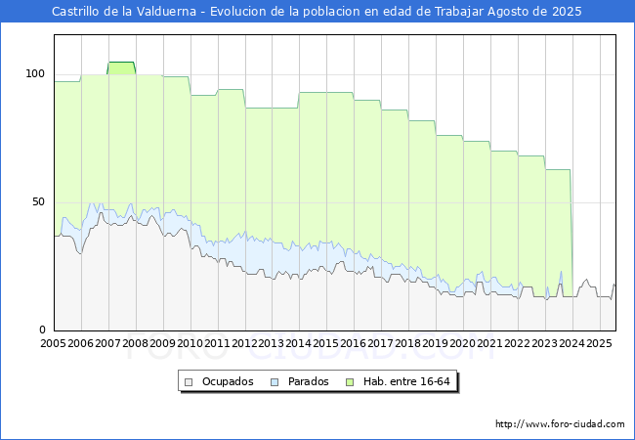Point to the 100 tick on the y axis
tap(36, 73)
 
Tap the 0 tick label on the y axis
tap(42, 330)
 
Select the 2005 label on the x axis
tap(54, 343)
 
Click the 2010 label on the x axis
tap(190, 343)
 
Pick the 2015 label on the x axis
tap(326, 343)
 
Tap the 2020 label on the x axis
tap(463, 343)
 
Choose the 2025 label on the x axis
tap(599, 343)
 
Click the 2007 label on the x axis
tap(108, 343)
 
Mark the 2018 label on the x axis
tap(408, 343)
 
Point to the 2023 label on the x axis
tap(545, 343)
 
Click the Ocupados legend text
tap(227, 381)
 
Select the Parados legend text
tap(307, 381)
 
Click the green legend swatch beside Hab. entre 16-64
tap(357, 381)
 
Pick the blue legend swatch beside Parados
tap(275, 381)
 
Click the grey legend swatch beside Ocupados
tap(190, 381)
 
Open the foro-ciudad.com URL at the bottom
tap(560, 424)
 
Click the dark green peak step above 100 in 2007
tap(121, 66)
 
